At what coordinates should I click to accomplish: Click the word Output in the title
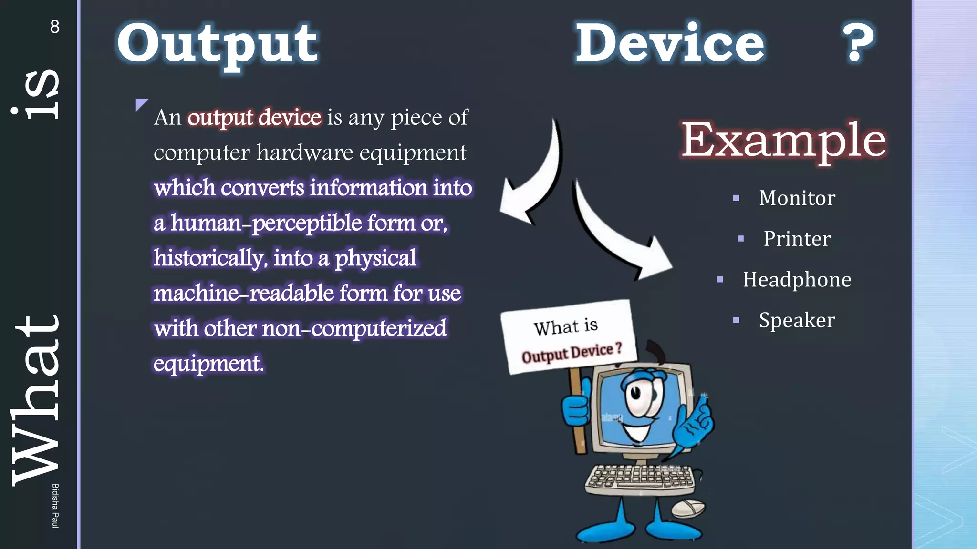[x=218, y=44]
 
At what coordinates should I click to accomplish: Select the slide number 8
[x=55, y=27]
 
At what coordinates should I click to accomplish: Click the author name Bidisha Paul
[x=55, y=505]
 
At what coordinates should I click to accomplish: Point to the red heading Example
[x=783, y=140]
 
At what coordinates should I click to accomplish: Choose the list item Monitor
[x=797, y=198]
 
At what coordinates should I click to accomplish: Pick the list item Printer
[x=797, y=238]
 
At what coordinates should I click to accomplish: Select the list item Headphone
[x=797, y=279]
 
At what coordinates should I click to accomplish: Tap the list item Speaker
[x=797, y=320]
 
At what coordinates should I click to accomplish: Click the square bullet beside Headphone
[x=720, y=280]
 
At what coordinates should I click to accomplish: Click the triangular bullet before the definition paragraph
[x=141, y=104]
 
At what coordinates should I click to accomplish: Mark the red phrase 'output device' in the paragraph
[x=254, y=118]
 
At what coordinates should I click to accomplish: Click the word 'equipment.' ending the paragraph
[x=208, y=363]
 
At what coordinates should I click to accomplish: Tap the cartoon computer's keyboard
[x=640, y=478]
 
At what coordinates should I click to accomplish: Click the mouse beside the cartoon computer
[x=688, y=508]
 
